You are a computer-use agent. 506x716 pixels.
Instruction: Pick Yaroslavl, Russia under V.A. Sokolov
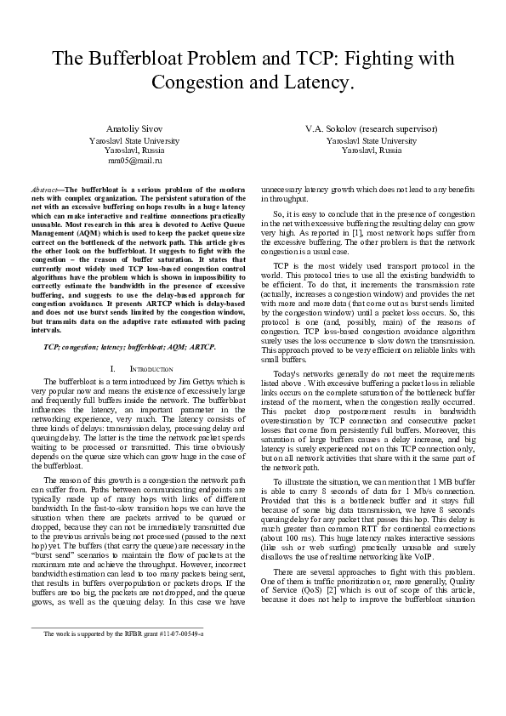point(372,150)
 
